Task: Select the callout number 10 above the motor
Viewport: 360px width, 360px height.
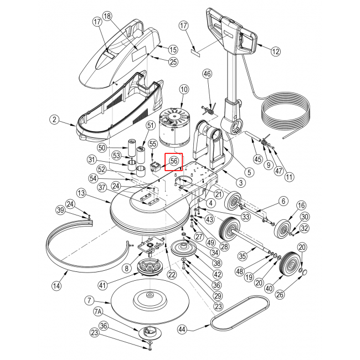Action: [184, 89]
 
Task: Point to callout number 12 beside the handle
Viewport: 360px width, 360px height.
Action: [276, 52]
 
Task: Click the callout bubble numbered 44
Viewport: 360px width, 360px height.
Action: [182, 330]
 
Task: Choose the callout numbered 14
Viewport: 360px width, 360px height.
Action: [56, 286]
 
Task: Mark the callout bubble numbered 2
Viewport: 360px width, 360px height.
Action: [54, 119]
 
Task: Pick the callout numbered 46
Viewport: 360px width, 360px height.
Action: [207, 74]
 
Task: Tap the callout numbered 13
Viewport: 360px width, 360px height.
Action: [81, 193]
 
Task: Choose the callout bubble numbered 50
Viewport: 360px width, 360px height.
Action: [101, 148]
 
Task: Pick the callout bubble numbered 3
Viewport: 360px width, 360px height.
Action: [240, 182]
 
